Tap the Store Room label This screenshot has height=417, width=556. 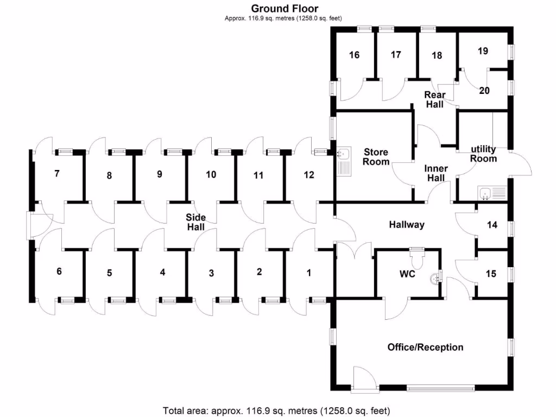coord(376,157)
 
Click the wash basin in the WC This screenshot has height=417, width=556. coord(434,279)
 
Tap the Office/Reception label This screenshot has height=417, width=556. coord(425,347)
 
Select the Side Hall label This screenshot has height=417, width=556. coord(196,222)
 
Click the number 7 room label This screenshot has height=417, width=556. coord(56,174)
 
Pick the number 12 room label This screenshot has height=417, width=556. coord(308,175)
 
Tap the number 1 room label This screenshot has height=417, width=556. coord(309,273)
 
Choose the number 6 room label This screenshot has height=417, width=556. coord(59,271)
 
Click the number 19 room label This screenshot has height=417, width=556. coord(483,51)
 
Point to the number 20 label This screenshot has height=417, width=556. coord(484,91)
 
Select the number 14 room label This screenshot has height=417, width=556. coord(492,225)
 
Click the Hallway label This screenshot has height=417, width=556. coord(406,224)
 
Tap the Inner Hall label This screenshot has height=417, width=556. coord(435,173)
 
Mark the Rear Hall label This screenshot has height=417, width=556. coord(434,100)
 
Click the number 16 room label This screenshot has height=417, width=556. coord(354,55)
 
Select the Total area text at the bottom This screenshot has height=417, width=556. coord(276,410)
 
